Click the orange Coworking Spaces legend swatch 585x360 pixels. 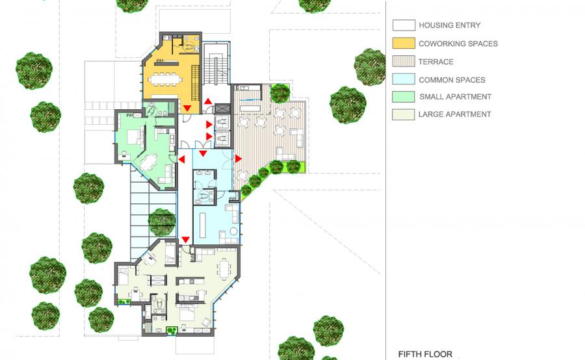coord(404,43)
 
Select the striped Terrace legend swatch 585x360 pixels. coord(404,61)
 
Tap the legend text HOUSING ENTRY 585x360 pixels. coord(450,25)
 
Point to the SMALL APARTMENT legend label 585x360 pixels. coord(455,97)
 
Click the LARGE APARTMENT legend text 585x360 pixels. coord(454,114)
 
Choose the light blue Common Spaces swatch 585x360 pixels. coord(404,79)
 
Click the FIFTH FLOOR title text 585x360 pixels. coord(425,354)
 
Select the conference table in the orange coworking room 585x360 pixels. coord(165,79)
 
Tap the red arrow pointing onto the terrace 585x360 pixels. coord(238,159)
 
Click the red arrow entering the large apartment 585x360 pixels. coord(185,240)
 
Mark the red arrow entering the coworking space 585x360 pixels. coord(187,108)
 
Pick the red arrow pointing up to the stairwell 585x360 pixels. coord(208,101)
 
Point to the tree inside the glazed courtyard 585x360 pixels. coord(162,222)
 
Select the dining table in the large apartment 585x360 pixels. coord(225,269)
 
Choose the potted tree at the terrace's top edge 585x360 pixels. coord(279,94)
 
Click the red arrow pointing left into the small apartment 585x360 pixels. coord(182,159)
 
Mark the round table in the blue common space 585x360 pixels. coord(233,231)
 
